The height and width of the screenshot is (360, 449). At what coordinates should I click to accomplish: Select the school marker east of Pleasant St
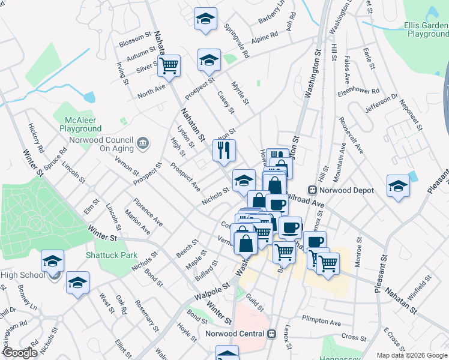[x=398, y=185]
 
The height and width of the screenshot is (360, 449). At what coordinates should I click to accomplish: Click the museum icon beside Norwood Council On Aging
[x=143, y=143]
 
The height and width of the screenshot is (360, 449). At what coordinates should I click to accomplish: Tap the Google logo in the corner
[x=20, y=353]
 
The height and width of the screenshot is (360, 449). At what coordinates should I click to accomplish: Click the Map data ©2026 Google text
[x=412, y=355]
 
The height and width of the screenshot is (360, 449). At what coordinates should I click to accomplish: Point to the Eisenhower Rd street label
[x=358, y=92]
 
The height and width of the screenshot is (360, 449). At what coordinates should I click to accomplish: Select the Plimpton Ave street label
[x=321, y=319]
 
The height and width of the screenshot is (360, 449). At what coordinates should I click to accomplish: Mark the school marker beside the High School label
[x=53, y=262]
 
